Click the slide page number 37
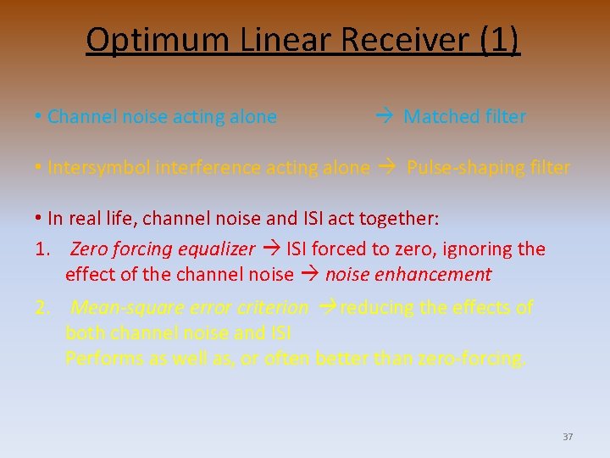[568, 437]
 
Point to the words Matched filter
[464, 117]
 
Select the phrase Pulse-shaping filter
[488, 168]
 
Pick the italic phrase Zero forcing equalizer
[162, 249]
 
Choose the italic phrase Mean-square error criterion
[191, 308]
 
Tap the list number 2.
[42, 308]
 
